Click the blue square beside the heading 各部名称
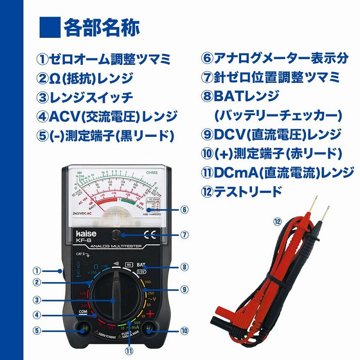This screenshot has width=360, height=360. pyautogui.click(x=49, y=27)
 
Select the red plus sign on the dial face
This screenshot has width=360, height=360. pyautogui.click(x=150, y=314)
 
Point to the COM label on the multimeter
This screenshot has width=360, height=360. pyautogui.click(x=83, y=311)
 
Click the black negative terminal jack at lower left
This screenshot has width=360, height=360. pyautogui.click(x=83, y=330)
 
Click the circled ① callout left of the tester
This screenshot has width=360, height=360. pyautogui.click(x=37, y=271)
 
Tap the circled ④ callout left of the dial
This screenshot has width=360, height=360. pyautogui.click(x=37, y=315)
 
